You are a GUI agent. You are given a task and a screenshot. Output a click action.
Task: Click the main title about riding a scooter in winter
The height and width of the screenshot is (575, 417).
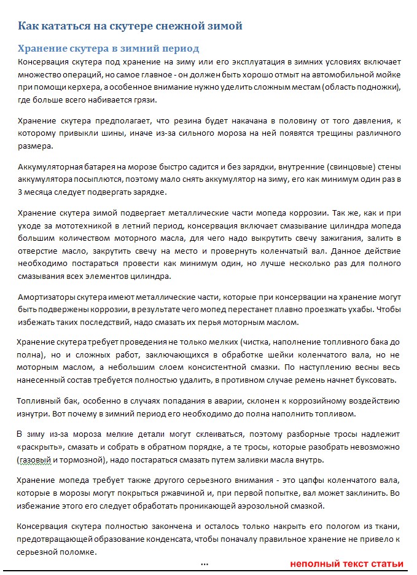130,26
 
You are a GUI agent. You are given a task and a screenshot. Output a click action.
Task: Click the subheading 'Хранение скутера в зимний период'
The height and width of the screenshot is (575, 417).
108,49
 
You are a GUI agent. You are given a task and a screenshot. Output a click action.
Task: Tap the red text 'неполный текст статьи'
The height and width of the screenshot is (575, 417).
346,563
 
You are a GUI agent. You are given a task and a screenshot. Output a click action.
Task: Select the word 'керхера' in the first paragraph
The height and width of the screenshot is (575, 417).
92,87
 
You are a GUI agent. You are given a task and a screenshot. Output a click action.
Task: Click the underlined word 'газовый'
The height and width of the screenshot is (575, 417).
37,460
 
